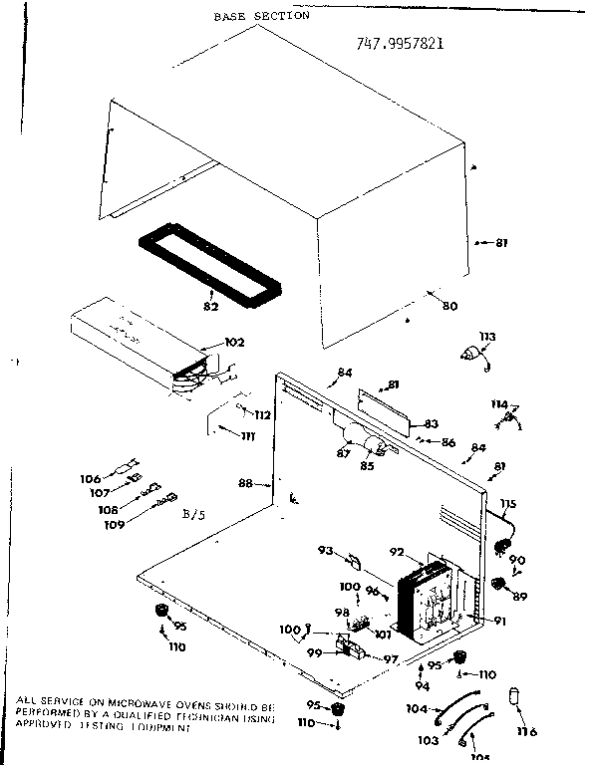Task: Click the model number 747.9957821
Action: tap(400, 44)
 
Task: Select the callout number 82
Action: tap(210, 306)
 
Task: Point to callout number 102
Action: tap(233, 343)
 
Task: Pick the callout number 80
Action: tap(450, 306)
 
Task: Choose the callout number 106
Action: tap(91, 479)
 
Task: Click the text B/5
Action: tap(195, 514)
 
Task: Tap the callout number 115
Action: tap(508, 503)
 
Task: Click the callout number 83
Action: tap(432, 422)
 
